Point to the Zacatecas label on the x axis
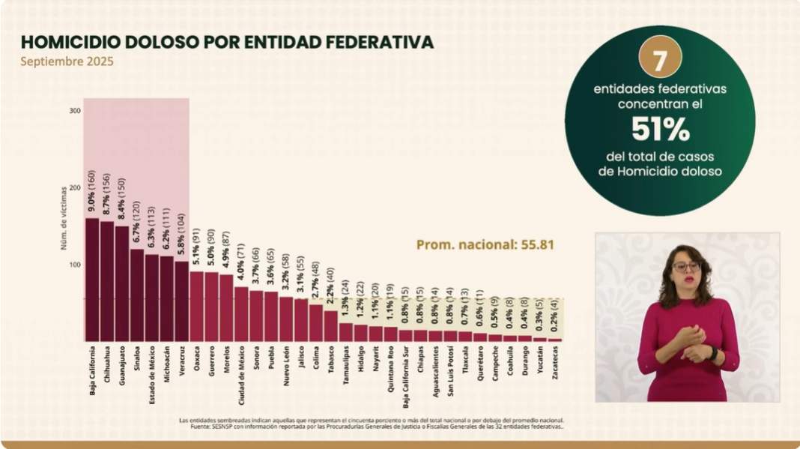pyautogui.click(x=554, y=362)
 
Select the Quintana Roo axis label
pyautogui.click(x=390, y=367)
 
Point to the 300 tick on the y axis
pyautogui.click(x=75, y=111)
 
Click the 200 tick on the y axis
pyautogui.click(x=75, y=187)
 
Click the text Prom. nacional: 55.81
pyautogui.click(x=485, y=244)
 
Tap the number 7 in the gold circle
pyautogui.click(x=659, y=60)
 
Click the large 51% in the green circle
pyautogui.click(x=659, y=130)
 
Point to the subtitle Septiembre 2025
pyautogui.click(x=67, y=62)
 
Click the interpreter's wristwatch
pyautogui.click(x=713, y=352)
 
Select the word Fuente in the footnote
pyautogui.click(x=190, y=427)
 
